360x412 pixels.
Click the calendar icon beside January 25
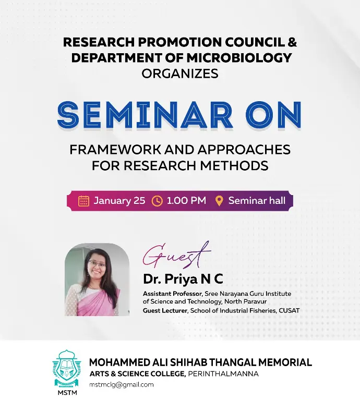pos(83,201)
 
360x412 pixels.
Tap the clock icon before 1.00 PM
pos(157,201)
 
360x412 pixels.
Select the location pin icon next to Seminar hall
pos(219,201)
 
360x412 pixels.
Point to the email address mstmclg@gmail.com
pos(122,385)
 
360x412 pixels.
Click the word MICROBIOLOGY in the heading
pos(239,58)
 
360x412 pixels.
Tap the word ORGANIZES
pos(180,74)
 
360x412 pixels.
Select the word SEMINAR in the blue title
pos(145,115)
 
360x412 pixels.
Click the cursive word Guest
pos(176,255)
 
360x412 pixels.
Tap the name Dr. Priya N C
pos(183,279)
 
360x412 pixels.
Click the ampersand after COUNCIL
pos(292,42)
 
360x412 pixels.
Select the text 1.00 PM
pos(186,201)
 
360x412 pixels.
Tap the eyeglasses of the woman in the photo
pos(97,263)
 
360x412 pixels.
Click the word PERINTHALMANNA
pos(223,374)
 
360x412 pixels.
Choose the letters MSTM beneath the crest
pos(67,393)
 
